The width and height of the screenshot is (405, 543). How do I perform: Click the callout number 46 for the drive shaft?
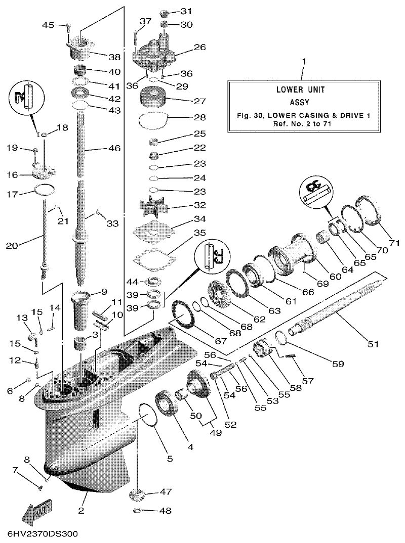point(115,149)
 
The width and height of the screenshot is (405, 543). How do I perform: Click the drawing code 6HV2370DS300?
point(41,534)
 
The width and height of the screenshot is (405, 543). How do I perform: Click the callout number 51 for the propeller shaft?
point(373,344)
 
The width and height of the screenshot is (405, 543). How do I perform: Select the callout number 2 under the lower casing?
point(81,510)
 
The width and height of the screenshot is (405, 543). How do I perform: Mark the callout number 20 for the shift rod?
point(12,246)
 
